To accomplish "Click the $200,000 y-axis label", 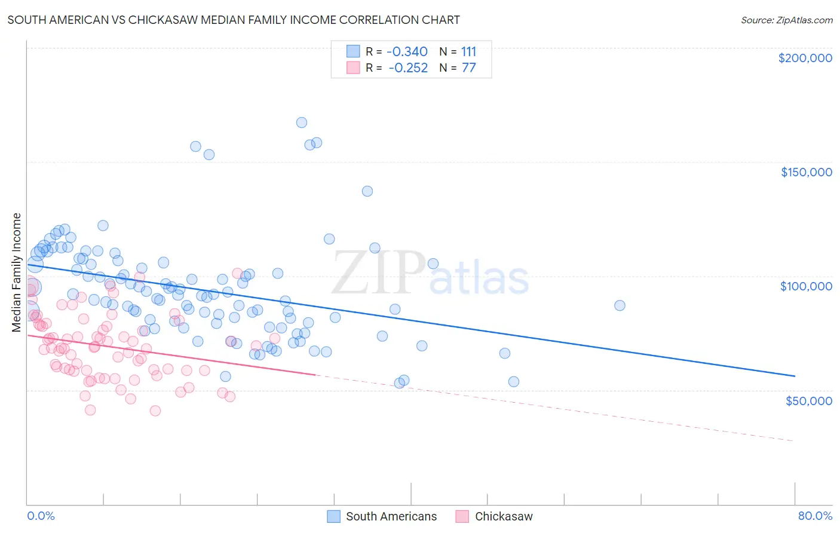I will (805, 58).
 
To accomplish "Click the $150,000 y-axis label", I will (806, 172).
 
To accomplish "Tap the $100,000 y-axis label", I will (806, 286).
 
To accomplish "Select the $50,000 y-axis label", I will (808, 400).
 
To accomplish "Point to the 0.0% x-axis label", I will (41, 516).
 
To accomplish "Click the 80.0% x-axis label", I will (815, 516).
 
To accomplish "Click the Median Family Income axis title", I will (16, 272).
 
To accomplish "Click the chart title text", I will (234, 20).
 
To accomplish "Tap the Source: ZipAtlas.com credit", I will (786, 20).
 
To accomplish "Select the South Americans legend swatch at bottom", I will (333, 516).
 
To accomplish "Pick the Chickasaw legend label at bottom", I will (503, 516).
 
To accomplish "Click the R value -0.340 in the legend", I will (407, 51).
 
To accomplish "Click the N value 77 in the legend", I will (469, 68).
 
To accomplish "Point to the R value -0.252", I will (408, 68).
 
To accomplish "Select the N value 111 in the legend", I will (469, 51).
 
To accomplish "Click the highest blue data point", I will (302, 122).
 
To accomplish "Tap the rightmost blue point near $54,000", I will (514, 382).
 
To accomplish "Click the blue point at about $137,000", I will (367, 191).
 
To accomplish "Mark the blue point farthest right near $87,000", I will (620, 305).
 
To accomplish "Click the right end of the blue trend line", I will (795, 376).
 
